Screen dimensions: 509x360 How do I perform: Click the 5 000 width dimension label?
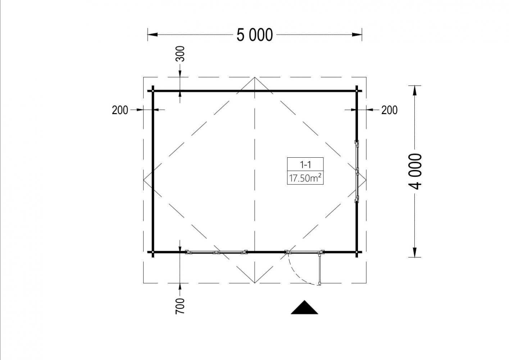coord(255,35)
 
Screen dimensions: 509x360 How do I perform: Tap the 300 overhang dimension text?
coord(180,54)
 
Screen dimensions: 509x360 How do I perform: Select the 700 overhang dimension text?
coord(180,306)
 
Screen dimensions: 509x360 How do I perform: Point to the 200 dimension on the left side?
coord(120,110)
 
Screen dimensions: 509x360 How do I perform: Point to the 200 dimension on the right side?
coord(389,110)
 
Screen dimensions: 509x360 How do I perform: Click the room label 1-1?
coord(305,165)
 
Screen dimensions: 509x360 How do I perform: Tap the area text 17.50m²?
coord(305,178)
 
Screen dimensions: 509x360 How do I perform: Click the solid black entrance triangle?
coord(304,307)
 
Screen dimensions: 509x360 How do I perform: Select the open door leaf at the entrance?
coord(320,268)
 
